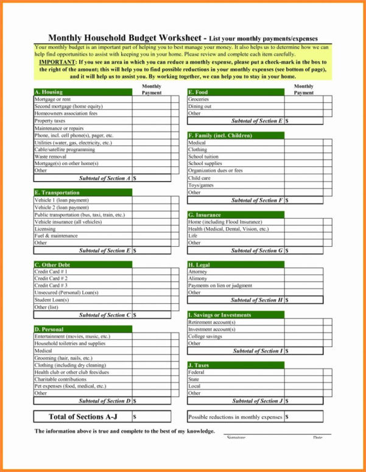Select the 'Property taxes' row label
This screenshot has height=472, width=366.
[x=50, y=121]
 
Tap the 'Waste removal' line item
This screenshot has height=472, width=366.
[x=50, y=157]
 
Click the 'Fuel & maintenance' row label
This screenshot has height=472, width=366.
[x=56, y=236]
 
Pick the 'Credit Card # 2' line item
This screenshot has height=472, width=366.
[x=51, y=278]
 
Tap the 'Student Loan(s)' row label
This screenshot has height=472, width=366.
[x=52, y=300]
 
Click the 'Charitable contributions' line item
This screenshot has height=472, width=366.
[x=60, y=379]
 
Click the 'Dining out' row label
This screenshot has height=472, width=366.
[x=200, y=107]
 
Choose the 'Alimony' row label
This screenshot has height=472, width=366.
[x=198, y=278]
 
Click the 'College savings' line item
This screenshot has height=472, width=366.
[x=205, y=336]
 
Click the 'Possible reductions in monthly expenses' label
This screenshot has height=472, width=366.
[x=235, y=417]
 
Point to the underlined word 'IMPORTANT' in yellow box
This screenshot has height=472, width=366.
[x=58, y=62]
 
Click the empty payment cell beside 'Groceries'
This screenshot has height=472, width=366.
[x=303, y=99]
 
